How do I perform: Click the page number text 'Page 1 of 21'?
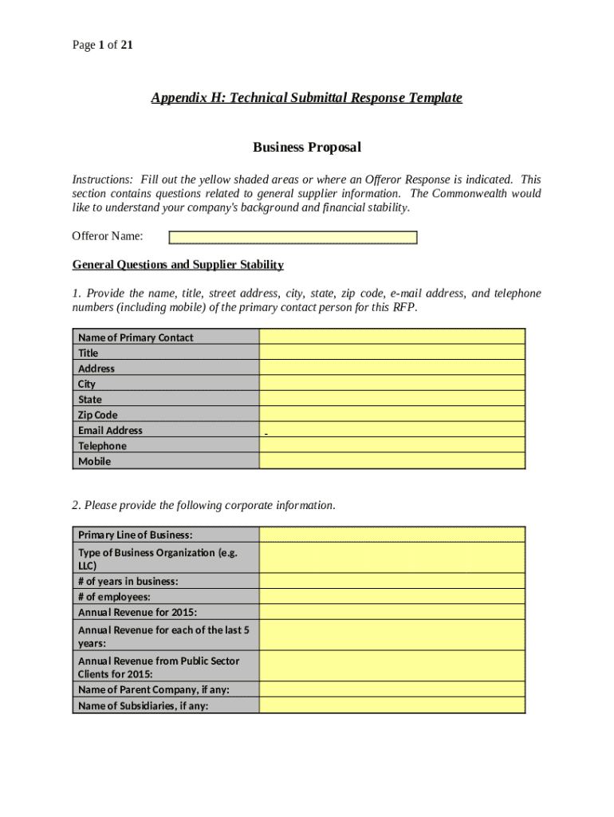[102, 45]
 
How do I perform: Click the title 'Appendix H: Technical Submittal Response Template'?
[306, 98]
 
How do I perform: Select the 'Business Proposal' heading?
[306, 148]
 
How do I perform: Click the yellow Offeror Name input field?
[293, 237]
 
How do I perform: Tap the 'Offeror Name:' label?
[108, 236]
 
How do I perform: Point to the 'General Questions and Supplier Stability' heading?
[178, 265]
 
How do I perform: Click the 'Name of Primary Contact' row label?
[136, 337]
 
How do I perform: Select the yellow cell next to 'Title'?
[392, 353]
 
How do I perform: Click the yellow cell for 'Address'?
[392, 369]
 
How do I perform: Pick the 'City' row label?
[87, 384]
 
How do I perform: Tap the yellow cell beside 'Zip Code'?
[392, 415]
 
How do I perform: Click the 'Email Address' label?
[110, 430]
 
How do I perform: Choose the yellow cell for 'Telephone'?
[392, 446]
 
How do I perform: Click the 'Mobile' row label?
[95, 461]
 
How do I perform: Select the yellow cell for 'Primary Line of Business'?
[392, 535]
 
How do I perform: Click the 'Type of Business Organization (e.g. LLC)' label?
[157, 558]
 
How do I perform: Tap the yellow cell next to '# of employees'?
[392, 597]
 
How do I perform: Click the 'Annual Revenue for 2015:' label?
[137, 612]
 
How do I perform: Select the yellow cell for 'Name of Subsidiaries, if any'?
[392, 705]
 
